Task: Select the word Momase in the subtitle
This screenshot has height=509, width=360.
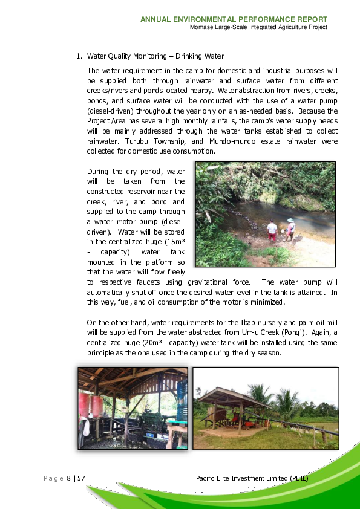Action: [200, 27]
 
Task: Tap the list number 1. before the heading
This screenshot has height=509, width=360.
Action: [79, 56]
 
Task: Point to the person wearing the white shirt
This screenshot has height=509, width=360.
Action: [272, 229]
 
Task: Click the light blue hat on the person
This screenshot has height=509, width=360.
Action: [291, 221]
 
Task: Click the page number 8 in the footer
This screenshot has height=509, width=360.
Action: [68, 479]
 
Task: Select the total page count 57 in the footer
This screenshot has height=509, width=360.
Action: [80, 479]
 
